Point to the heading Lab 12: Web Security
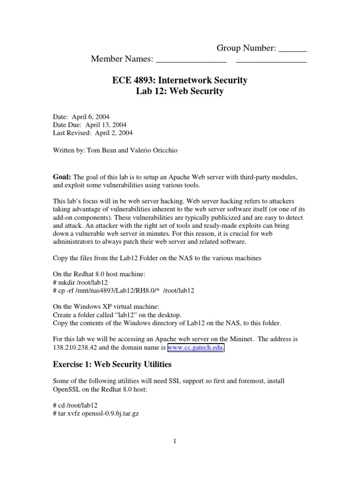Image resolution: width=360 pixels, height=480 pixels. [180, 91]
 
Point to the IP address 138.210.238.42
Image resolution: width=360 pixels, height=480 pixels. [78, 348]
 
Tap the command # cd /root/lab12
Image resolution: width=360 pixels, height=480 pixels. [75, 405]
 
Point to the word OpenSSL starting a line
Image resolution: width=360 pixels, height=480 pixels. [68, 389]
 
